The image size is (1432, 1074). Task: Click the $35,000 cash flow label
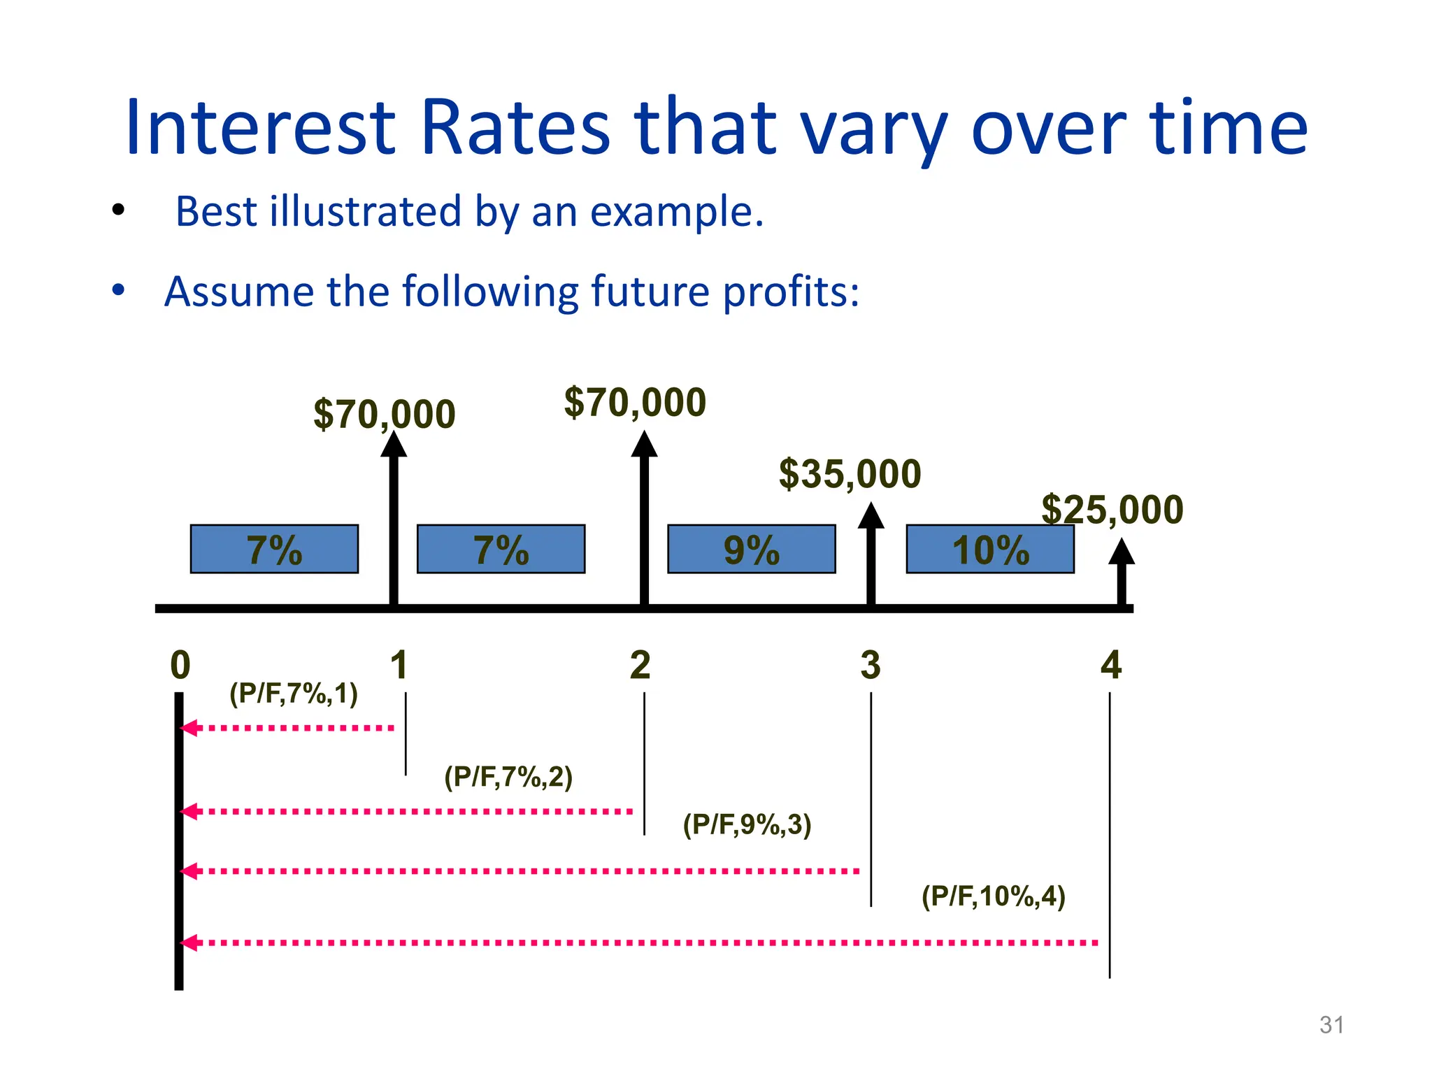click(850, 474)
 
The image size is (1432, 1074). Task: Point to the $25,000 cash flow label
click(1112, 509)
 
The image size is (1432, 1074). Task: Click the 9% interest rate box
click(751, 550)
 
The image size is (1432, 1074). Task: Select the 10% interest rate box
click(989, 550)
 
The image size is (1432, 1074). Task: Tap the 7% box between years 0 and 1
click(274, 550)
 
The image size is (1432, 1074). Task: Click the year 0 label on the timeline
click(180, 664)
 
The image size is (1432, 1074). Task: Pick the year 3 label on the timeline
click(871, 664)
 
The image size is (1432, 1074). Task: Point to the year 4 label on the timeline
click(1110, 664)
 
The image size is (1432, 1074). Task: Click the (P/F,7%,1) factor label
click(294, 694)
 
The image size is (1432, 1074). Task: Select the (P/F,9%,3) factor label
click(747, 824)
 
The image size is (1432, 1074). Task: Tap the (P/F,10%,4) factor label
click(993, 896)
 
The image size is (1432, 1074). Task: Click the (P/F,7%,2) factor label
click(508, 777)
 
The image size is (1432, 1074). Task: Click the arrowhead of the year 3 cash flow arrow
click(871, 516)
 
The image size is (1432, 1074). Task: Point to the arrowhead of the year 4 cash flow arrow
click(1122, 552)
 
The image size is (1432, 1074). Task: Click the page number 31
click(1331, 1025)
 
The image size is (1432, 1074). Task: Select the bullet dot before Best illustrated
click(118, 209)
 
